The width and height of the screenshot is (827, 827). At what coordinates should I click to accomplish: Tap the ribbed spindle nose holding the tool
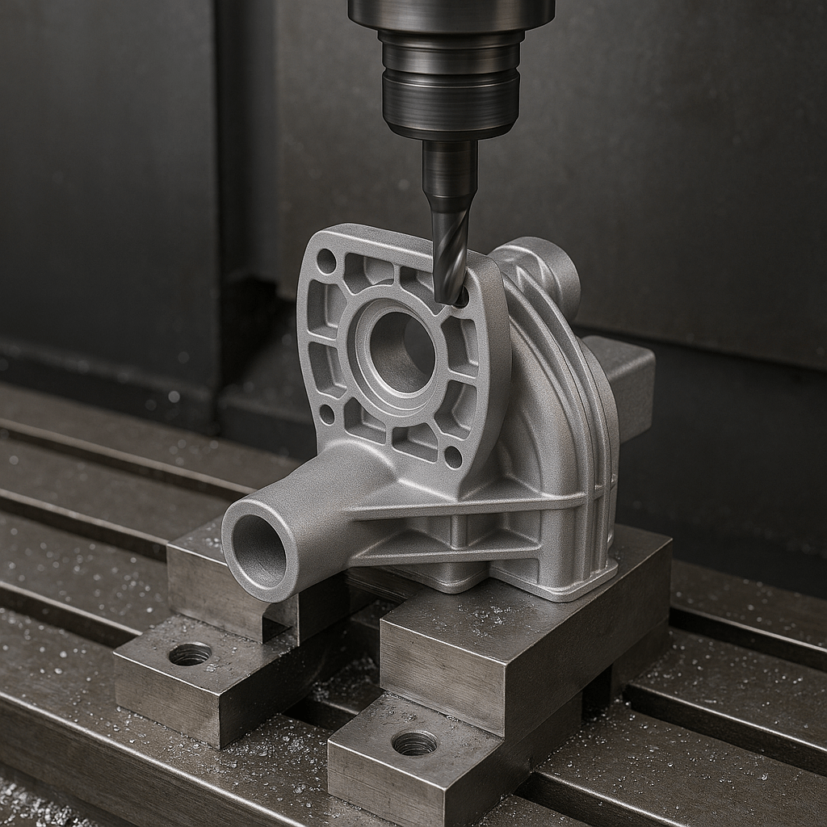(x=451, y=81)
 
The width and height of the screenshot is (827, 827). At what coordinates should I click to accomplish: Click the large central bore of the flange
(x=402, y=352)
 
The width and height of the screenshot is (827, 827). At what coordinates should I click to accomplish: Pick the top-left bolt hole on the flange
(x=326, y=261)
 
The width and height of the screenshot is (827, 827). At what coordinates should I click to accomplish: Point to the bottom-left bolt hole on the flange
(x=327, y=413)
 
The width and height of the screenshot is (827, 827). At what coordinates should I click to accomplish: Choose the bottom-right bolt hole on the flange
(x=453, y=457)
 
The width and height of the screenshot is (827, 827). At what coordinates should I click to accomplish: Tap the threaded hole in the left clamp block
(x=191, y=653)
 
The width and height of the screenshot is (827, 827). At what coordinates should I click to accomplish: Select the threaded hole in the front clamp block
(x=414, y=742)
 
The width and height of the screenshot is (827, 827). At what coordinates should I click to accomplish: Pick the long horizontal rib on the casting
(x=468, y=507)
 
